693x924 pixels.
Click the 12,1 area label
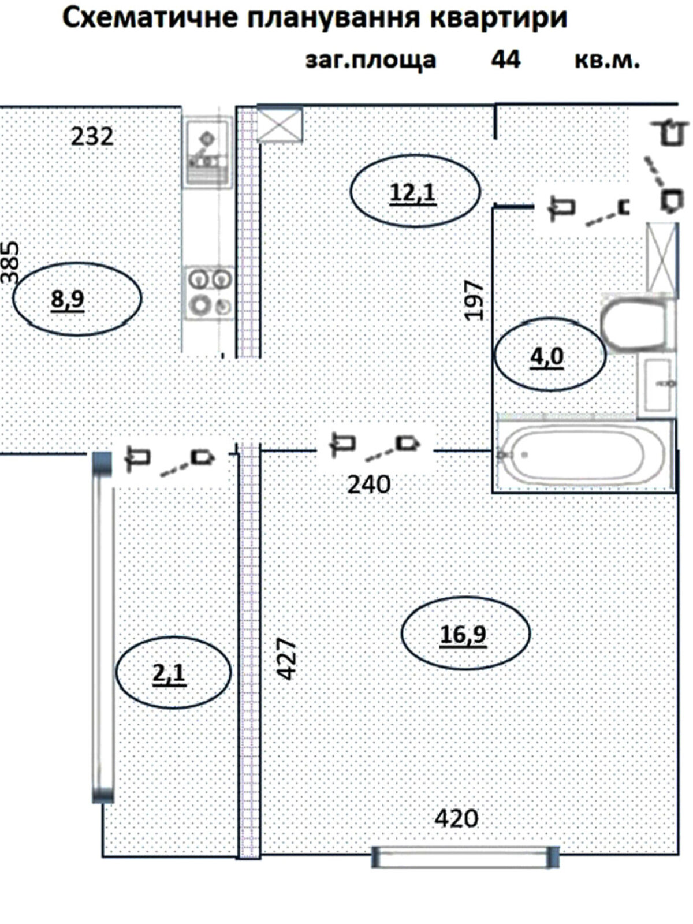(x=413, y=193)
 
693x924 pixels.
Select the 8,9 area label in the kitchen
(x=68, y=300)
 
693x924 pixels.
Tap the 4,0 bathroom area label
(x=546, y=357)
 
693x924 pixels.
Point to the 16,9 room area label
(x=463, y=634)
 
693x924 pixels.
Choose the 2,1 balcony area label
(x=169, y=673)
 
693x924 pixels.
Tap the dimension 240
(x=368, y=485)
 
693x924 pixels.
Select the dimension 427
(x=286, y=660)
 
